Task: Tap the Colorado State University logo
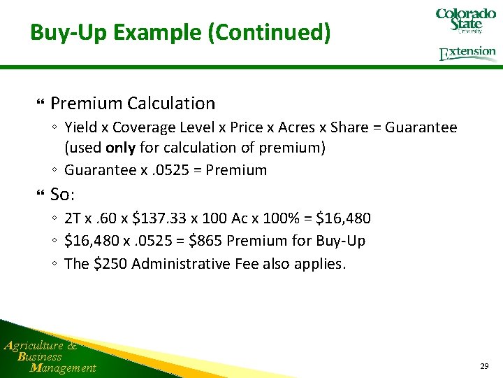point(465,20)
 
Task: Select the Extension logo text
point(467,53)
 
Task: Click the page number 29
point(484,366)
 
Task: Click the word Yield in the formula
point(82,127)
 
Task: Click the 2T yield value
point(73,218)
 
